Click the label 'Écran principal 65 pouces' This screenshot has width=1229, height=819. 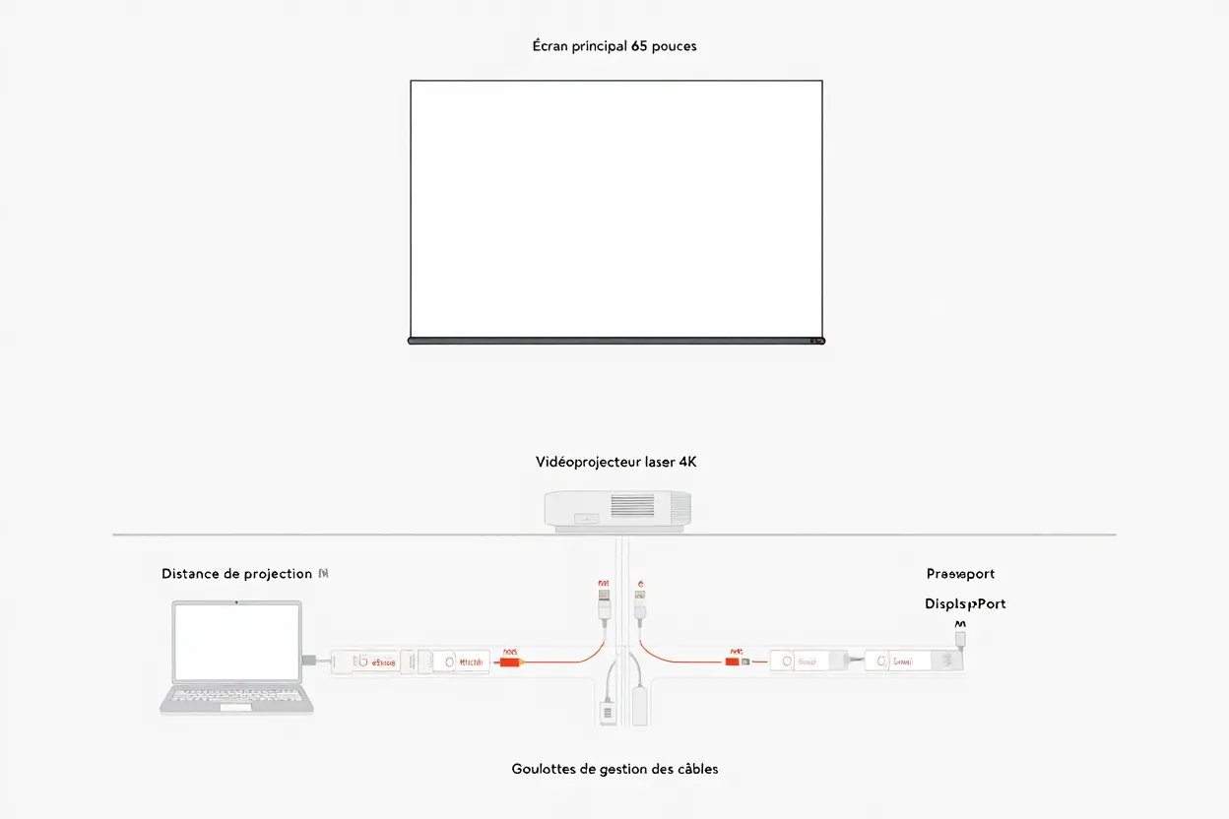614,46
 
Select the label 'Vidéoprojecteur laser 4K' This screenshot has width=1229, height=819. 615,462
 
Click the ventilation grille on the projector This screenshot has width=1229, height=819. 632,506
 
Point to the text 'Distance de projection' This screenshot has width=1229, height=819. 236,574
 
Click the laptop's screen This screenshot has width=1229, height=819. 236,642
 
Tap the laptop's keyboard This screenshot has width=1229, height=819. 236,694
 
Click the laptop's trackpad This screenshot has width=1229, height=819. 236,706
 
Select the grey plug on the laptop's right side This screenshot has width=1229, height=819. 309,660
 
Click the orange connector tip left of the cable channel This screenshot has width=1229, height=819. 509,661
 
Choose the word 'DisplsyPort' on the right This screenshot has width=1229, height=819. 965,603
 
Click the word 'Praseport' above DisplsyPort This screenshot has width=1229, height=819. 960,574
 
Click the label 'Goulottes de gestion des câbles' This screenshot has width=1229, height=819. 614,769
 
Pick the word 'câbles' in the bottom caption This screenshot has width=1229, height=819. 695,769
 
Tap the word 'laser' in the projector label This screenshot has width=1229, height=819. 660,462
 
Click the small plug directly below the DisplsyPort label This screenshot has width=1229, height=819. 961,638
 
